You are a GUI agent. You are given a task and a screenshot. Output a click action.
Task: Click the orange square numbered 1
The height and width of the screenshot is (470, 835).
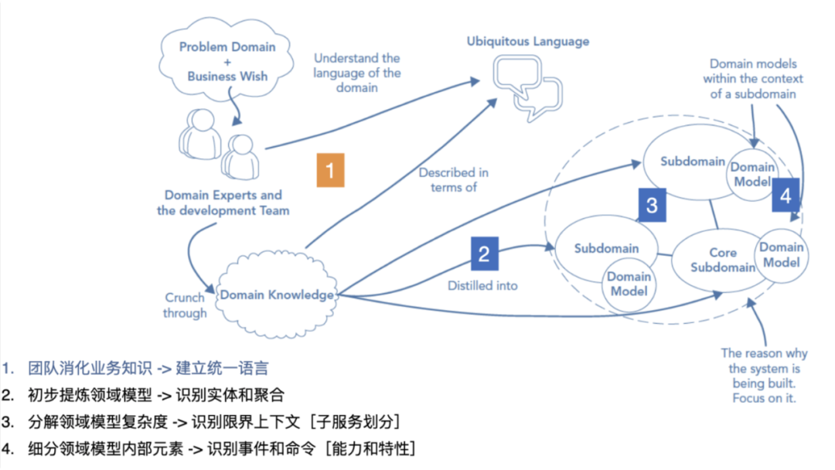[x=330, y=170]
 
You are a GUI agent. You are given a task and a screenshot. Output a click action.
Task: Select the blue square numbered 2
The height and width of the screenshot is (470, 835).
[x=485, y=254]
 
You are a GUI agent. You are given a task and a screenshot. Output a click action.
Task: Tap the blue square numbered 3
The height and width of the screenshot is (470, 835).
[x=652, y=204]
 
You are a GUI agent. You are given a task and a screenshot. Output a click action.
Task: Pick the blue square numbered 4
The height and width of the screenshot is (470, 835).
[x=786, y=196]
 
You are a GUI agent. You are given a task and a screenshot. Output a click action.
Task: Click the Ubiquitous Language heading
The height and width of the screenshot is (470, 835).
[x=528, y=42]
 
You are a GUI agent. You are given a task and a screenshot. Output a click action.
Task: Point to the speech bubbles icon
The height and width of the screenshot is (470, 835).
[x=528, y=88]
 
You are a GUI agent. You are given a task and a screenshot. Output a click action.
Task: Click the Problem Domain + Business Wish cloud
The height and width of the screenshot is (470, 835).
[x=227, y=60]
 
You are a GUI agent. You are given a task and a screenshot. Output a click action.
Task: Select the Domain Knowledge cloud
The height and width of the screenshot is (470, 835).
[x=277, y=295]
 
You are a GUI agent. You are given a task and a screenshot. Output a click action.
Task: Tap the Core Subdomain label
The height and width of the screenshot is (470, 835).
[x=723, y=260]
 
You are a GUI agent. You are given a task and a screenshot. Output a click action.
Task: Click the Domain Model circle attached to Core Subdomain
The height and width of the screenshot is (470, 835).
[x=781, y=255]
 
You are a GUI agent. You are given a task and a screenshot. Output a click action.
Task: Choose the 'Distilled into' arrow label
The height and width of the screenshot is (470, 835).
[x=482, y=286]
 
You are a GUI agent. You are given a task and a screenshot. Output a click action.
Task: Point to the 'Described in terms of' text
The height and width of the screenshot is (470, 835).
[x=454, y=180]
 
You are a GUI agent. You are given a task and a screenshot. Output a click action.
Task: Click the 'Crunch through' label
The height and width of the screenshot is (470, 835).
[x=185, y=305]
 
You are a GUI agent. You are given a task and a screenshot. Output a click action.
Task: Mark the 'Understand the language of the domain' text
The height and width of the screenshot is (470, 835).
[x=356, y=73]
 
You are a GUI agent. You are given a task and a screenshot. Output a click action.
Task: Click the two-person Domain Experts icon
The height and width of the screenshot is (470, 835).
[x=219, y=144]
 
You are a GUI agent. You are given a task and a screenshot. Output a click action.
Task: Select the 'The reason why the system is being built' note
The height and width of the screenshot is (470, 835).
[x=764, y=375]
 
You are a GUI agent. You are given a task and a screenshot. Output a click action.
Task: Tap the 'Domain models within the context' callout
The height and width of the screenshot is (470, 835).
[x=753, y=79]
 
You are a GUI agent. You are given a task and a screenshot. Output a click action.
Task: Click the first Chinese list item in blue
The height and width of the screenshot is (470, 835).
[x=135, y=368]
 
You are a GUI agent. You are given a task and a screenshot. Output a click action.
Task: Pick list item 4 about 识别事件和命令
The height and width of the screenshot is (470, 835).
[x=208, y=448]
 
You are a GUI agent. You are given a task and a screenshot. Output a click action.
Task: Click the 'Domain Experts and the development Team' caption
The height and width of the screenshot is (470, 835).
[x=223, y=203]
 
